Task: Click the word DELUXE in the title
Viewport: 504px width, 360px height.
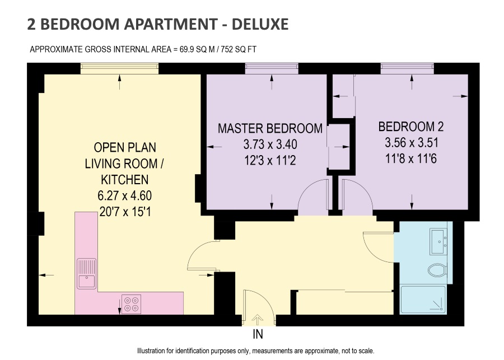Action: (260, 24)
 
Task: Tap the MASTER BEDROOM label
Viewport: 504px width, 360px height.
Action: (270, 128)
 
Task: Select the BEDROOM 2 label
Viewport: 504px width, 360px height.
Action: (411, 127)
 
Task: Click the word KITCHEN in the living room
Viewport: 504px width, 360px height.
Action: (125, 180)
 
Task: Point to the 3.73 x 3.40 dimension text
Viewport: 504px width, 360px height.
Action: (270, 144)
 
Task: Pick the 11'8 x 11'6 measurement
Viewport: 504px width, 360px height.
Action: (411, 158)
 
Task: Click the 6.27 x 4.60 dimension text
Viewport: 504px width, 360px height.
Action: (125, 195)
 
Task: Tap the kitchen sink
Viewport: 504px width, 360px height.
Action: (86, 273)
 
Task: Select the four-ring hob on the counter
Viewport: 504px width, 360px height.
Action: (131, 304)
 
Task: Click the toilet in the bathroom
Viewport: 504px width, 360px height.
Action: (437, 270)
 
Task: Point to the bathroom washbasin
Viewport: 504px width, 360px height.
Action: (438, 241)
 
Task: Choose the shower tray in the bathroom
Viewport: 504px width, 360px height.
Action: (423, 300)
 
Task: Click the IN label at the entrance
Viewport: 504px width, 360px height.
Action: (258, 334)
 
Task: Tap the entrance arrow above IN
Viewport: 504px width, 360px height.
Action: (257, 320)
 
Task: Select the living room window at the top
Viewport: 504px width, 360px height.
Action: (119, 68)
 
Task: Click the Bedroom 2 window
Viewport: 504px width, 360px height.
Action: (407, 68)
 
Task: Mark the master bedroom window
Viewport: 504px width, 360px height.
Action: (272, 68)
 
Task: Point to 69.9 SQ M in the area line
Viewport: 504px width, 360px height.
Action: (197, 49)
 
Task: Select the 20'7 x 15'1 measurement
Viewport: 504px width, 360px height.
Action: (125, 212)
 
